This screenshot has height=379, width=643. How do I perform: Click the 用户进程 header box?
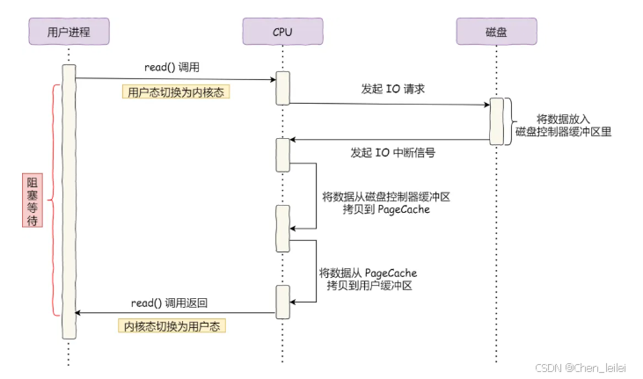coord(68,32)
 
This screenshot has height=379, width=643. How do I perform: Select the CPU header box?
coord(282,32)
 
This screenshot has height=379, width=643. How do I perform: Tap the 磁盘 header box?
coord(496,32)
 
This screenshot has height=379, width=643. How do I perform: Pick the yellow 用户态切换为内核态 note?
coord(176,91)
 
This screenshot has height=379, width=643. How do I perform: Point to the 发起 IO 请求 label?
coord(393,90)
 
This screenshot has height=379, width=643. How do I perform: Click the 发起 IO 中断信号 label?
coord(393,152)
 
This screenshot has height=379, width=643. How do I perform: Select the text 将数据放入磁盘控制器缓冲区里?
coord(563,125)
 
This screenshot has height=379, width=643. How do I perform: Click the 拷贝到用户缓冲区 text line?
coord(367,287)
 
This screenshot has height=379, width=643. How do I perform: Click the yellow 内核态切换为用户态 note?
coord(172,325)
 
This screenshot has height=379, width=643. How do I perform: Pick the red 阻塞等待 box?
coord(33,200)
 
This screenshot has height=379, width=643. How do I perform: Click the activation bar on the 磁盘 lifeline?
coord(496,119)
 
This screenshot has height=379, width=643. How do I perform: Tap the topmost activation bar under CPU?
coord(282,87)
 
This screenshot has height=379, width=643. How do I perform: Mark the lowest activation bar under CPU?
coord(282,302)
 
